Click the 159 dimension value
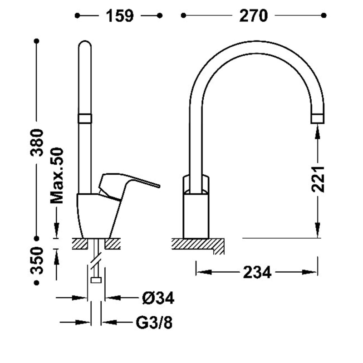120,16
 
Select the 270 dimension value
254,16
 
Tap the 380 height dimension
37,142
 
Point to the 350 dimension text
37,260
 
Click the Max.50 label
57,176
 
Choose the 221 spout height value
318,179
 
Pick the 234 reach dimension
257,273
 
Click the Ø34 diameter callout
158,298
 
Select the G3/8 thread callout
154,322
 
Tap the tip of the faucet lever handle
159,186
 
